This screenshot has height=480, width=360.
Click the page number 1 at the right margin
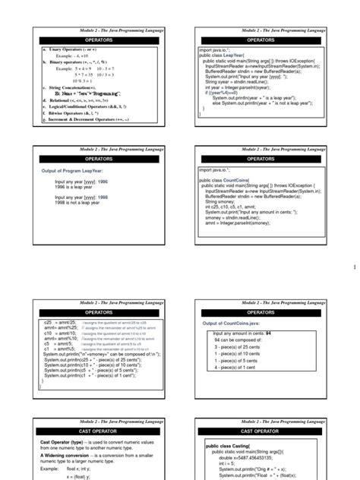coord(353,267)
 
